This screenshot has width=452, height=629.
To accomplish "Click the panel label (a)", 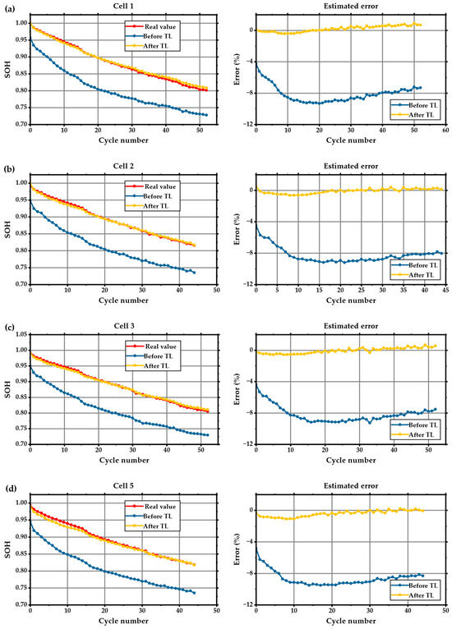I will point(7,6).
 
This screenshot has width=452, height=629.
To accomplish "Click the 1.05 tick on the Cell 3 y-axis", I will point(20,335).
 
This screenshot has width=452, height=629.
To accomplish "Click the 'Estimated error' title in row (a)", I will point(350,7).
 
